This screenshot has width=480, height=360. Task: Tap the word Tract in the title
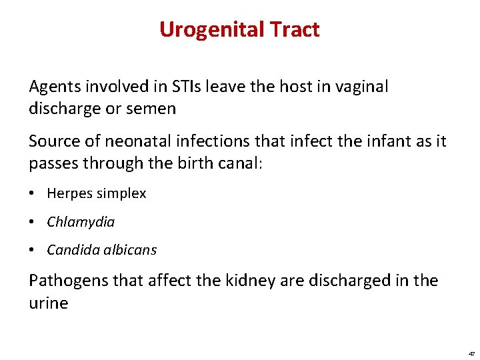[295, 30]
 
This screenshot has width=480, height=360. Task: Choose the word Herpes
[69, 194]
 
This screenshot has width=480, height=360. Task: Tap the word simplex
[121, 194]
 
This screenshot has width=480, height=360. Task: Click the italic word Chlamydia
[81, 222]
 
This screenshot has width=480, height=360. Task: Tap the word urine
[48, 303]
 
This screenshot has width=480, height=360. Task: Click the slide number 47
[471, 354]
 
